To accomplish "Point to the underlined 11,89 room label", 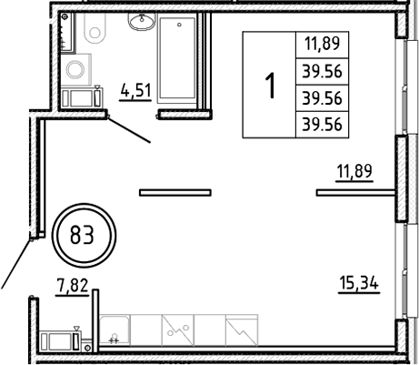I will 354,170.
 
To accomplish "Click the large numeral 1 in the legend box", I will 269,86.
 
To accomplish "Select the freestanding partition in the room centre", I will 175,191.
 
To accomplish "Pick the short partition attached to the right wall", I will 354,191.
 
